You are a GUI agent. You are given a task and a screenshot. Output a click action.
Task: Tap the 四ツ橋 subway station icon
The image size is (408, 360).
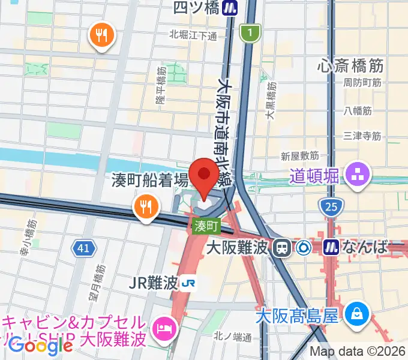(x=229, y=8)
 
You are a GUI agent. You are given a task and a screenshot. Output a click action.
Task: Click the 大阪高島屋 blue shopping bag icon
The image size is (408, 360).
(x=357, y=313)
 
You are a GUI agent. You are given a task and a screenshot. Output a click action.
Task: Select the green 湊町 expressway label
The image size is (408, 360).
(x=206, y=226)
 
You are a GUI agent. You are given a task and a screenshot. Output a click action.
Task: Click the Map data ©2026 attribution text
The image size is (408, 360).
(x=358, y=351)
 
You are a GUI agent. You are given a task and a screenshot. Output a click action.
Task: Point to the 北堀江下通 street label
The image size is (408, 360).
(x=193, y=35)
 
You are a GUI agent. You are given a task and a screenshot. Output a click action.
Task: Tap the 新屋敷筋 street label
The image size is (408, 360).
(x=299, y=156)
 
